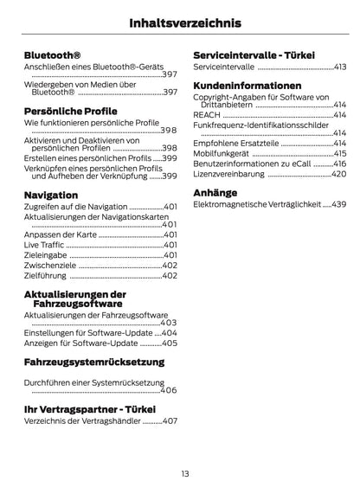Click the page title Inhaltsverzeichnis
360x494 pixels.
(x=179, y=23)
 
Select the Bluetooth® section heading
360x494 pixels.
(x=54, y=55)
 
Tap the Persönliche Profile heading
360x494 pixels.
(x=72, y=111)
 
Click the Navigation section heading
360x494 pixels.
(x=52, y=195)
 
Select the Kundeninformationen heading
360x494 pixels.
(x=247, y=86)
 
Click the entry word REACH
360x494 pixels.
(x=206, y=115)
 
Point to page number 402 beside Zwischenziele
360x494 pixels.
(x=170, y=265)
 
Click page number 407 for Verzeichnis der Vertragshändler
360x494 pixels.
(x=170, y=420)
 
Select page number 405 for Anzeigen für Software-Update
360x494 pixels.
(x=170, y=343)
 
